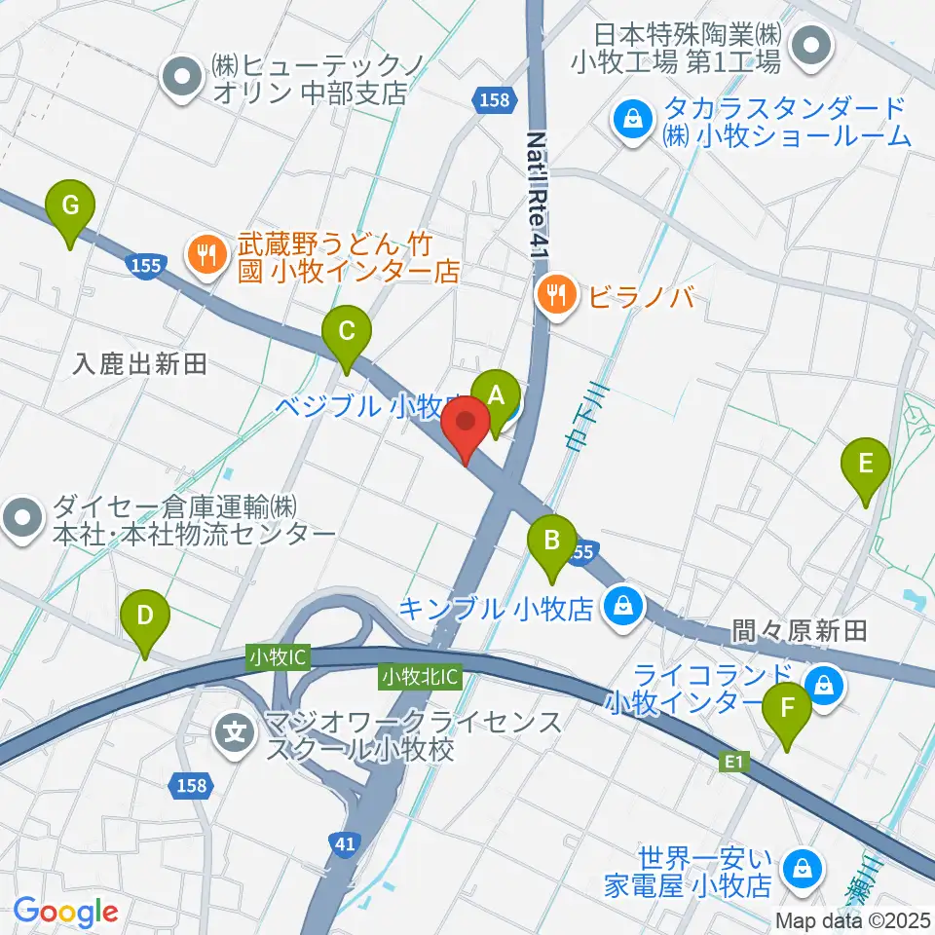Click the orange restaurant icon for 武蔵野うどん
(x=205, y=256)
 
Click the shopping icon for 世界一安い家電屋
(x=802, y=864)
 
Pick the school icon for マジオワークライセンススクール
(x=236, y=728)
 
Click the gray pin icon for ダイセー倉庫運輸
(x=23, y=517)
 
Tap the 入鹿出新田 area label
(x=141, y=365)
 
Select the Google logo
(x=65, y=912)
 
